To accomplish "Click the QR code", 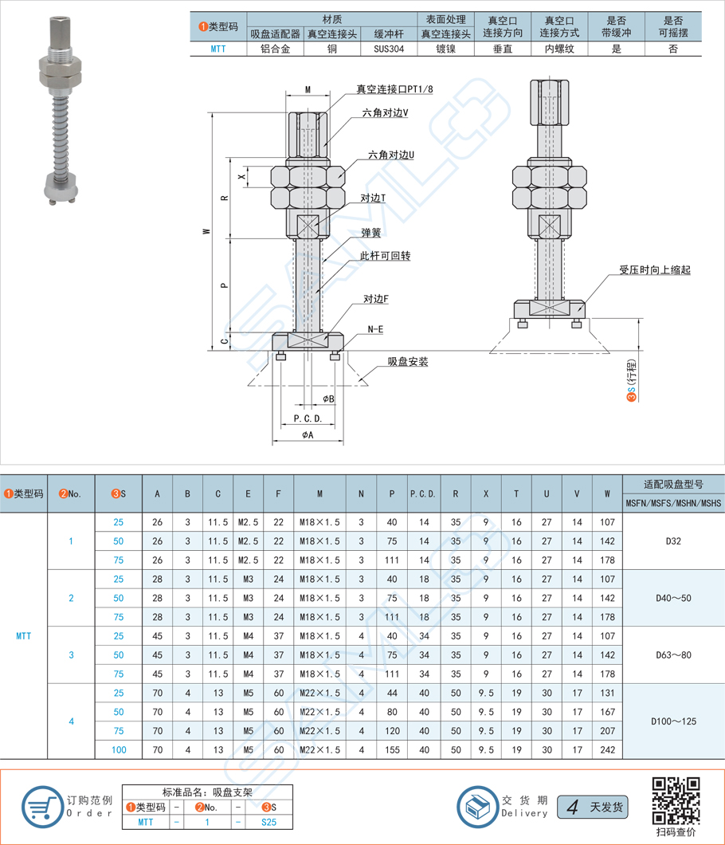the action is point(676,801).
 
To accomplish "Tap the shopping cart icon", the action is point(42,807).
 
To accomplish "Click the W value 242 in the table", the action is point(607,749).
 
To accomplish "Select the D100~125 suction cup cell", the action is point(673,721).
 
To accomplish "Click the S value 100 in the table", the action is point(119,749).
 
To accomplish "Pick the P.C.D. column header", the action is point(423,493).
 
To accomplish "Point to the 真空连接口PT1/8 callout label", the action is point(394,89).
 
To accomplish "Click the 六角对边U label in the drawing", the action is point(391,155).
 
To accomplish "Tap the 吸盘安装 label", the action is point(408,362).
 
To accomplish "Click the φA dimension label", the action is point(308,434).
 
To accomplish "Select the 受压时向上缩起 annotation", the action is point(654,269).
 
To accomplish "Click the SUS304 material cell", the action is point(389,49).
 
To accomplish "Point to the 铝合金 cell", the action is point(275,49).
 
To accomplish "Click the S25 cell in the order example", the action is point(268,822).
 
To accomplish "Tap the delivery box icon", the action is point(478,807).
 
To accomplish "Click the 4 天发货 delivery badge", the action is point(593,807).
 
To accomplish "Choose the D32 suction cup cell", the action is point(673,541).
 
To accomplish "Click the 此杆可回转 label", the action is point(385,255).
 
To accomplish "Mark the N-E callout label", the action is point(375,328).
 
